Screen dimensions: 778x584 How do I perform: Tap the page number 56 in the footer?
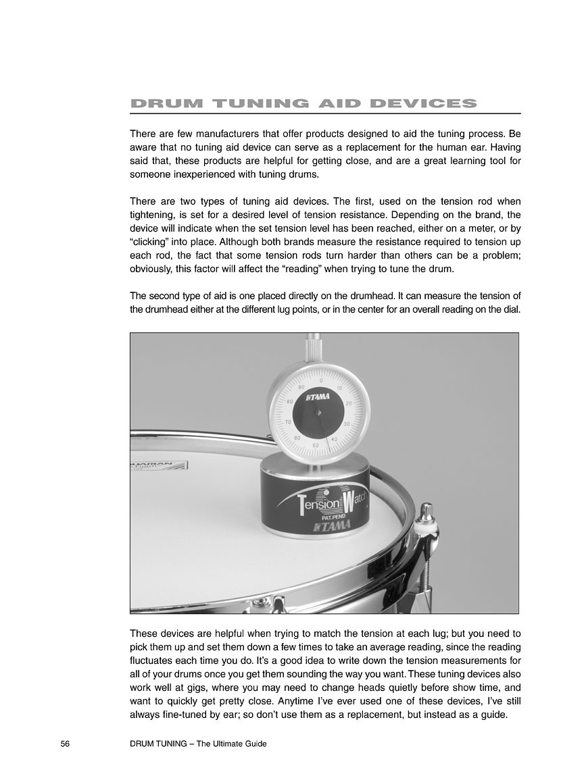66,744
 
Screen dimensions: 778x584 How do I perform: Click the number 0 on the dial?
321,371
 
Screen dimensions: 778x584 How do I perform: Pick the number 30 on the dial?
345,424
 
